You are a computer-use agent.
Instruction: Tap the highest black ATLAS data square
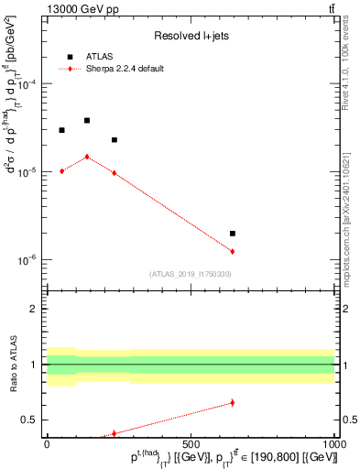click(x=87, y=120)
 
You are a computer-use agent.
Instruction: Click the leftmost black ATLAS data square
click(x=61, y=130)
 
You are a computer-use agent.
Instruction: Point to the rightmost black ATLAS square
click(x=233, y=234)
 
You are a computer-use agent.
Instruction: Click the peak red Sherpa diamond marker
click(x=87, y=157)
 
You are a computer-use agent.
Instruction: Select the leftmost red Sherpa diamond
click(x=61, y=171)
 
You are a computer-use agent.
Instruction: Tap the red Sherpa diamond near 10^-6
click(x=233, y=251)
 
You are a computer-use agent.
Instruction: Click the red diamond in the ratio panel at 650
click(x=233, y=402)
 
